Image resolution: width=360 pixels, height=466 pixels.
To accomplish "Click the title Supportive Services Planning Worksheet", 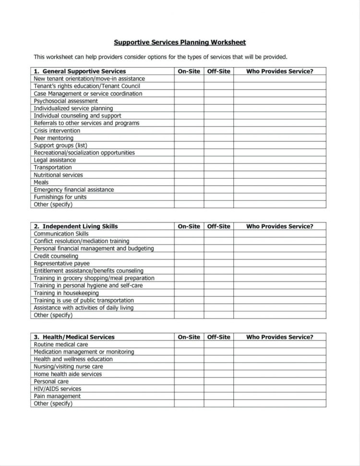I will coord(180,42).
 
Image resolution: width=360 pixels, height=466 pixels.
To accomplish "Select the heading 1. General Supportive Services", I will coord(80,71).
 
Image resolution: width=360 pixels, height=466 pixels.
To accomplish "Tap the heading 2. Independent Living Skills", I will coord(76,226).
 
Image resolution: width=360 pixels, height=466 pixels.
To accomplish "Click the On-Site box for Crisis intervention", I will coord(189,131).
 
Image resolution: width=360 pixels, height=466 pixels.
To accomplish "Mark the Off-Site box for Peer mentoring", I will coord(218,138).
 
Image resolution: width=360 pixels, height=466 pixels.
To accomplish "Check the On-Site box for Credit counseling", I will coord(189,256).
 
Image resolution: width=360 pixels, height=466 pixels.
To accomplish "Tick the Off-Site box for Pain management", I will coord(218,396).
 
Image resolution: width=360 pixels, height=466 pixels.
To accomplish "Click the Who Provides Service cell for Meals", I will coord(279,183).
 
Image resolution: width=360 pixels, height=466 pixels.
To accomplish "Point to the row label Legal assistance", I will coord(55,160).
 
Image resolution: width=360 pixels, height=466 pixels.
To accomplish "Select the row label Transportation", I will coord(53,168).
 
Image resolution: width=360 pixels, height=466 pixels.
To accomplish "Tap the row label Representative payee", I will coord(61,263).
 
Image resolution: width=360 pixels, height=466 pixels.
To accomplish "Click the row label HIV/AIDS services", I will coord(57,389).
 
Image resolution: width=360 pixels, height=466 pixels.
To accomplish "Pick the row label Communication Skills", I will coord(61,234).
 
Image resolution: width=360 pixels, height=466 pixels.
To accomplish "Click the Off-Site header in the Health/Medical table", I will coord(218,337).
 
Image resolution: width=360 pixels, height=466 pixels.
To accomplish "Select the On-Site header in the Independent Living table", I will coord(189,226).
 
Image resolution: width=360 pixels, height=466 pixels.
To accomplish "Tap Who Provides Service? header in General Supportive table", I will coord(279,71).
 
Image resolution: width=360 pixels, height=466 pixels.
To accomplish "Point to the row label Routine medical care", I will coord(61,344).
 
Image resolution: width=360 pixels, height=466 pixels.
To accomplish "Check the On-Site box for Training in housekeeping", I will coord(189,293).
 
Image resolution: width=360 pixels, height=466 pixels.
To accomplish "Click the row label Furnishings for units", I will coord(60,197).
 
